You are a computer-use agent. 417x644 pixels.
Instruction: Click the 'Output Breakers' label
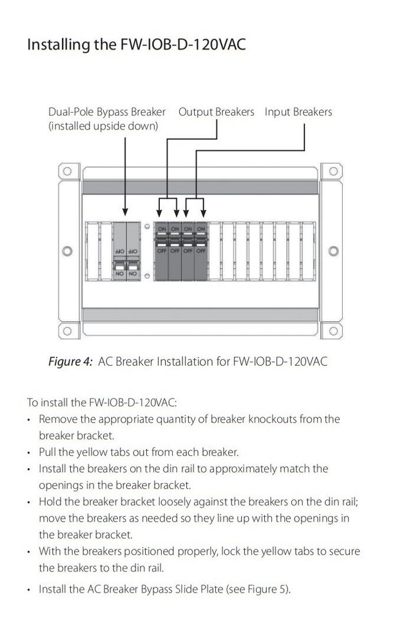click(216, 112)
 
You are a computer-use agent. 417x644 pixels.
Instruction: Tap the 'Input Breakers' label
click(298, 112)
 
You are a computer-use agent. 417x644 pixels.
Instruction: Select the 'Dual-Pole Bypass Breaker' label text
click(107, 112)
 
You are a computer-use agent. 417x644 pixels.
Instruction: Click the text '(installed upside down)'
click(103, 126)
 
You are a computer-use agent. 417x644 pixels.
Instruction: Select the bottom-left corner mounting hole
click(66, 331)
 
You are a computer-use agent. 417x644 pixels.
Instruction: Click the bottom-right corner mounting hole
click(327, 331)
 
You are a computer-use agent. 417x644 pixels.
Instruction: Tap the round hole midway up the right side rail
click(333, 251)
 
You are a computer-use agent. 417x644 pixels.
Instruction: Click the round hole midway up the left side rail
click(64, 251)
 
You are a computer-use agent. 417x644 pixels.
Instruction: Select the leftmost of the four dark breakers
click(160, 253)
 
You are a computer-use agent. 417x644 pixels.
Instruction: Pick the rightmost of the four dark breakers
click(202, 253)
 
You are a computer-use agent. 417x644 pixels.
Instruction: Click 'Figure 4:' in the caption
click(70, 361)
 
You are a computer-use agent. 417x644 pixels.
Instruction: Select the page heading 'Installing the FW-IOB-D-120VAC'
click(136, 45)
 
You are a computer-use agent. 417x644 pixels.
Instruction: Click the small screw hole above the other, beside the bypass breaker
click(148, 227)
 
